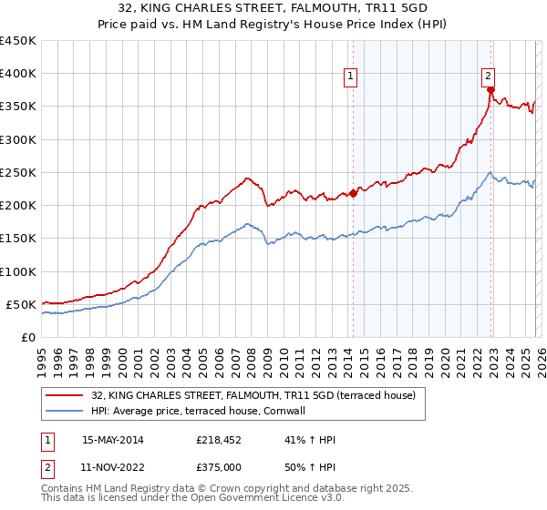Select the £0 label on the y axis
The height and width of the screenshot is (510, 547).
click(x=28, y=337)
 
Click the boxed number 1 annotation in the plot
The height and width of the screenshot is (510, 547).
click(x=352, y=76)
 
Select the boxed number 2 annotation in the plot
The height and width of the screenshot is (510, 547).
click(x=489, y=76)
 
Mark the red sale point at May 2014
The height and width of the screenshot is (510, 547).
click(x=353, y=193)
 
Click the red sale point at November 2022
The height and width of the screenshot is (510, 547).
click(x=490, y=90)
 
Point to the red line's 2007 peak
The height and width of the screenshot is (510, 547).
click(x=246, y=178)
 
